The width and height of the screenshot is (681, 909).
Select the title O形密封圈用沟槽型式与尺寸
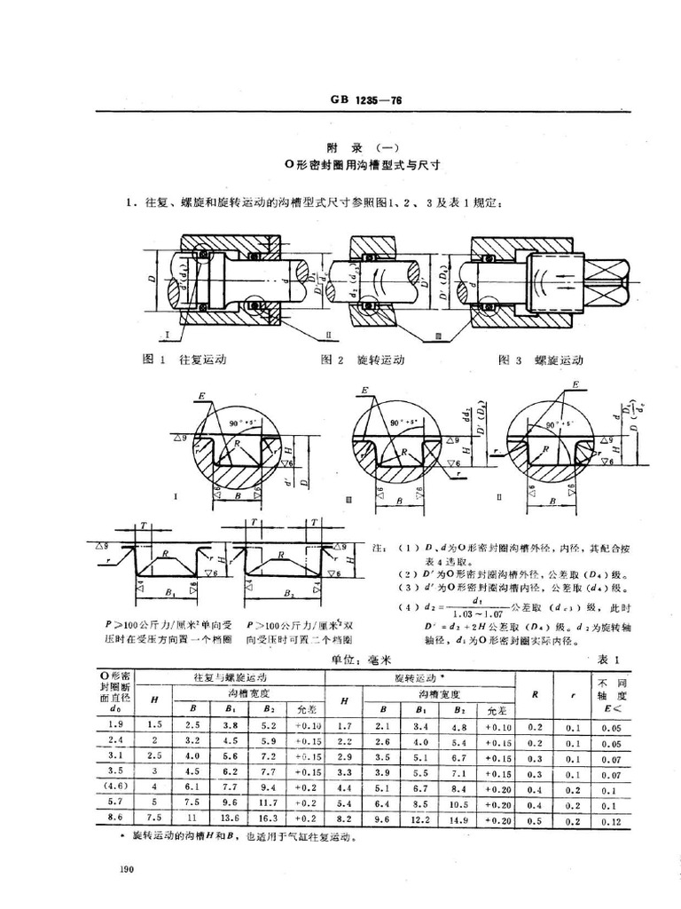(365, 164)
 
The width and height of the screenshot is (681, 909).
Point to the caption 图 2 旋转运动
(363, 360)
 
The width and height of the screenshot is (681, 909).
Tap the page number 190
(125, 866)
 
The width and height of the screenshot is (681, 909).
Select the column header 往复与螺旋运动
(231, 677)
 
